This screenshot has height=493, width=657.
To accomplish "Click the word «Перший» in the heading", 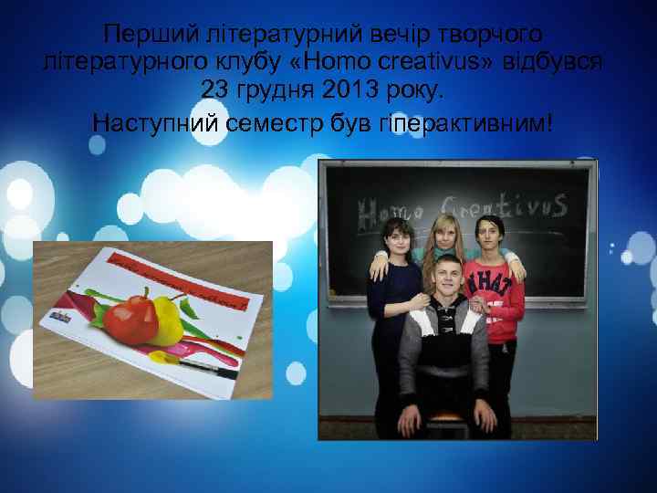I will pos(142,34).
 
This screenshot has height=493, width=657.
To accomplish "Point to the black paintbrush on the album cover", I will pos(206,369).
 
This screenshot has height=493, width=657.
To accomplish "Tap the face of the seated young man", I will pos(451,279).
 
